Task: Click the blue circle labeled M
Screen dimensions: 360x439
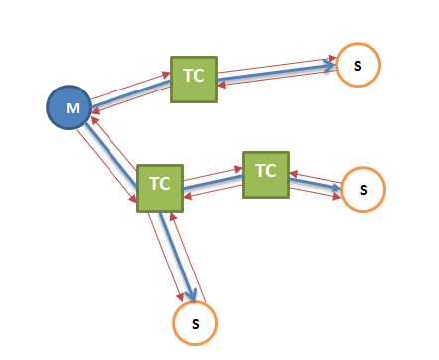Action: [70, 107]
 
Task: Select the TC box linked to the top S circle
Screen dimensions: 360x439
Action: [193, 80]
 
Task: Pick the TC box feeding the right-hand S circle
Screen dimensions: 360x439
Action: [265, 174]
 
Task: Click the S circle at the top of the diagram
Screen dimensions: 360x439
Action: [357, 66]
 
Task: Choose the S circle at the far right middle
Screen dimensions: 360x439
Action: [363, 189]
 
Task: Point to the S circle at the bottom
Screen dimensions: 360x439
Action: [195, 323]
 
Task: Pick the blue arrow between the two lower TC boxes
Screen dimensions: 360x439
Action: [212, 179]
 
